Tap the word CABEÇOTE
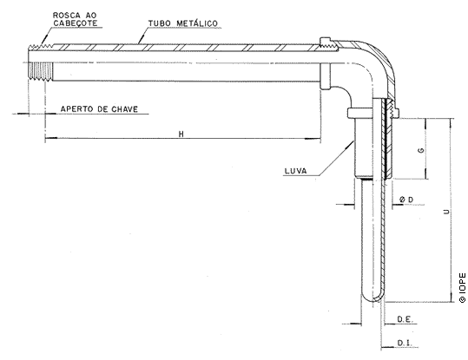click(x=76, y=23)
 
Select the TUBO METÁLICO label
click(x=183, y=23)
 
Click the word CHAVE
click(x=125, y=109)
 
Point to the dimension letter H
click(x=181, y=134)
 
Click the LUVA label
click(x=295, y=171)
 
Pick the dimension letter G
click(x=421, y=150)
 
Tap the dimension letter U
click(x=446, y=212)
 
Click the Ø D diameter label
click(x=406, y=200)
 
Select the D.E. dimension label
click(x=405, y=319)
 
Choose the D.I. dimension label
click(x=404, y=343)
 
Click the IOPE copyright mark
click(x=462, y=287)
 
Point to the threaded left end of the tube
click(x=41, y=62)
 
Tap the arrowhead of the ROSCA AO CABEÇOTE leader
click(x=45, y=40)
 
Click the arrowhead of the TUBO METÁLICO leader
click(x=142, y=40)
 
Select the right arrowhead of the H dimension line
click(x=313, y=139)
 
